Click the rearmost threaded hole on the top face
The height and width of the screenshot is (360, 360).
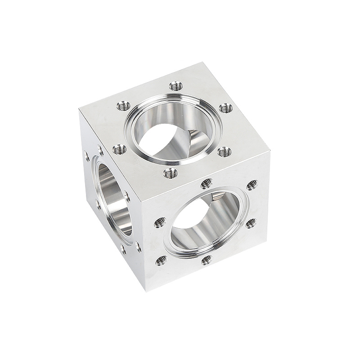click(x=176, y=85)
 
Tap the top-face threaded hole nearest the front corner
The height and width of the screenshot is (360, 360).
click(x=170, y=173)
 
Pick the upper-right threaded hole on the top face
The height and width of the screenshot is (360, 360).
click(x=225, y=108)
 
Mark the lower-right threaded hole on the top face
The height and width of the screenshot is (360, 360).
click(x=224, y=152)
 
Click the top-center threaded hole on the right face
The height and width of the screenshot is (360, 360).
click(x=206, y=183)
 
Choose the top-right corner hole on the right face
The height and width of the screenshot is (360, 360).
click(x=252, y=185)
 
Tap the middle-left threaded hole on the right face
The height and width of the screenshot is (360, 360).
click(x=160, y=222)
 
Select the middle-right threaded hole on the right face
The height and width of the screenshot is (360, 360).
click(x=251, y=223)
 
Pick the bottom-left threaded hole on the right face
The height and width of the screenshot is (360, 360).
click(x=161, y=260)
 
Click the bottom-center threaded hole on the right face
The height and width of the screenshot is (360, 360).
click(x=206, y=260)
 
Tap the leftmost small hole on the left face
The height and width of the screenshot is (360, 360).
click(x=86, y=157)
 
